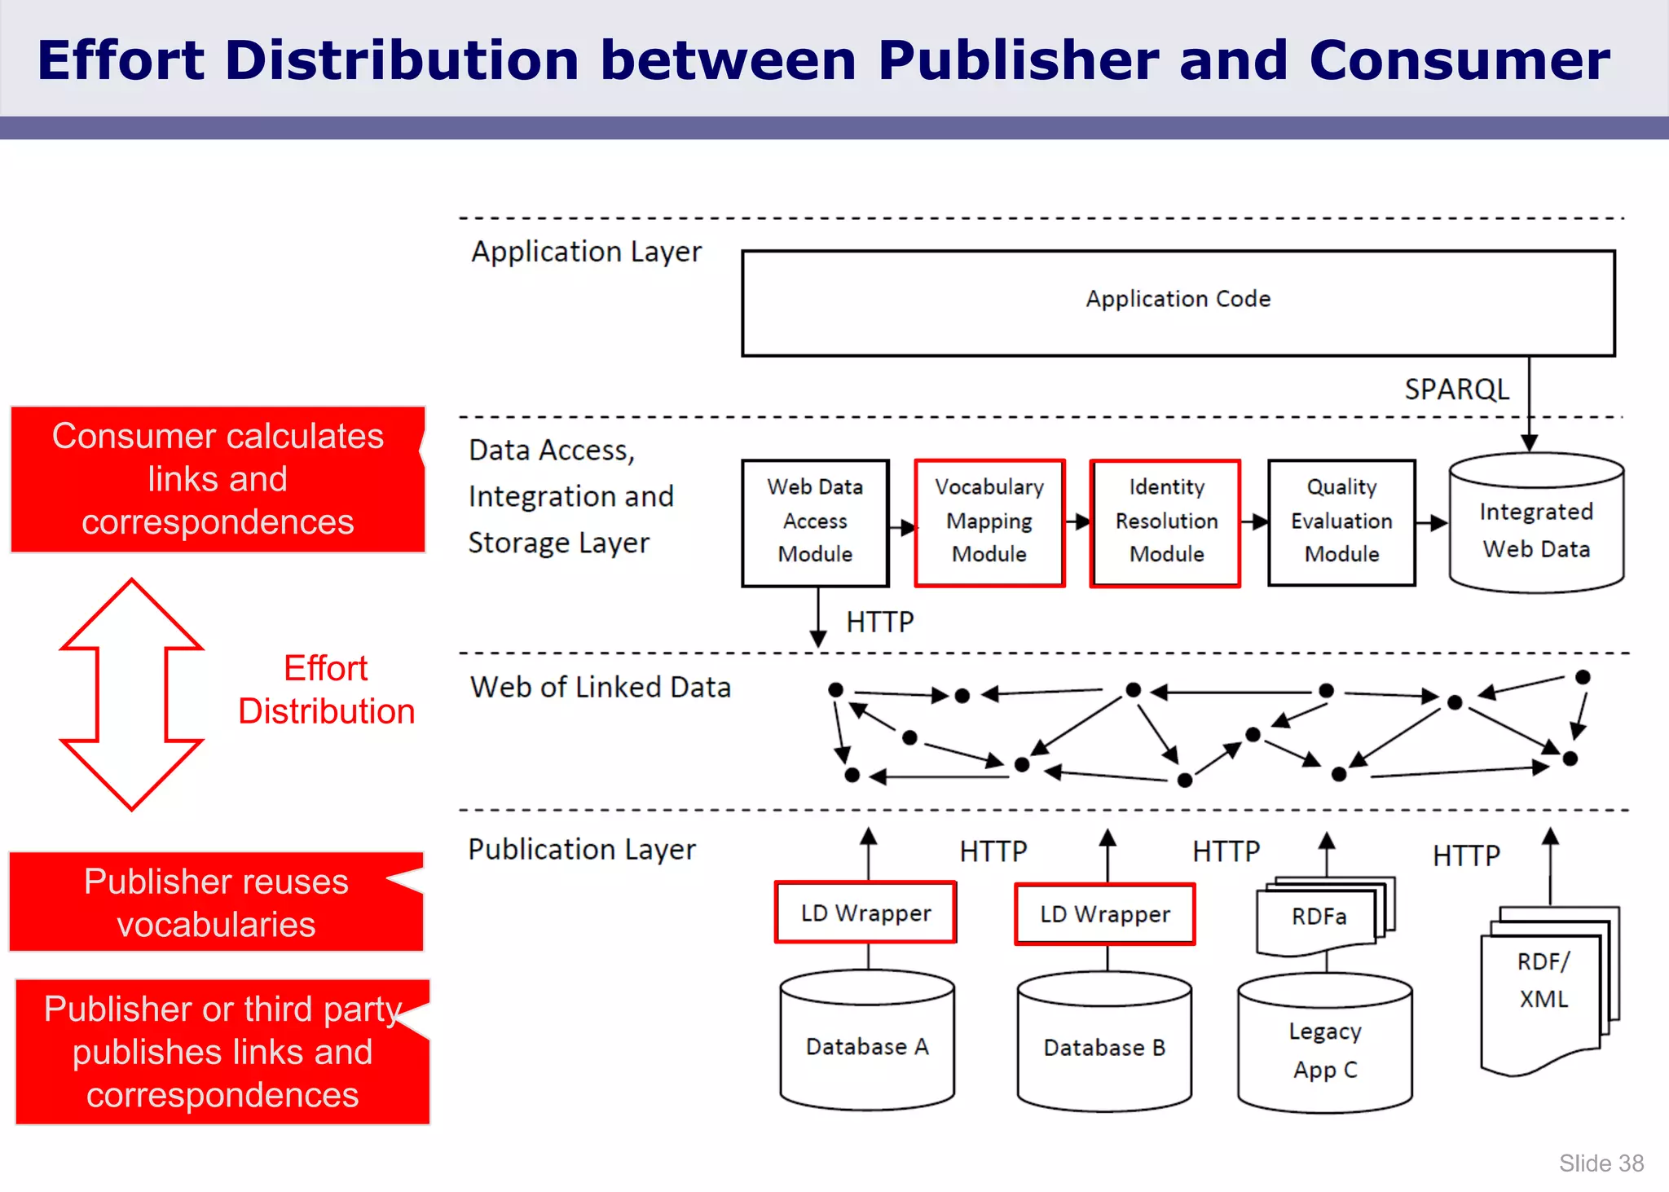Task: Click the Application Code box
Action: tap(1178, 302)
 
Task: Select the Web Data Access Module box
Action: tap(815, 521)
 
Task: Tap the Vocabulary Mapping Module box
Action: tap(989, 521)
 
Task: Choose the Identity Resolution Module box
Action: tap(1165, 521)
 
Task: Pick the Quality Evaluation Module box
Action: tap(1341, 521)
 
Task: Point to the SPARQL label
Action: tap(1456, 389)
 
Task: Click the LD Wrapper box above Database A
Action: tap(865, 913)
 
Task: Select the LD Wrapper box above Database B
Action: tap(1104, 914)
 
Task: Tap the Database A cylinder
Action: tap(867, 1045)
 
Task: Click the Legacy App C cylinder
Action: tap(1324, 1049)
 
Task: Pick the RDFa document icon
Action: tap(1319, 917)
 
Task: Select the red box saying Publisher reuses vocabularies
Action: tap(216, 903)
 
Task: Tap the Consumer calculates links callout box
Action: tap(218, 479)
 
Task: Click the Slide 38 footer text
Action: tap(1601, 1163)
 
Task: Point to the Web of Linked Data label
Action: tap(600, 688)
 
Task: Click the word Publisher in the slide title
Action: tap(1018, 60)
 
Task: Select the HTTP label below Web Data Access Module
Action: tap(879, 622)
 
